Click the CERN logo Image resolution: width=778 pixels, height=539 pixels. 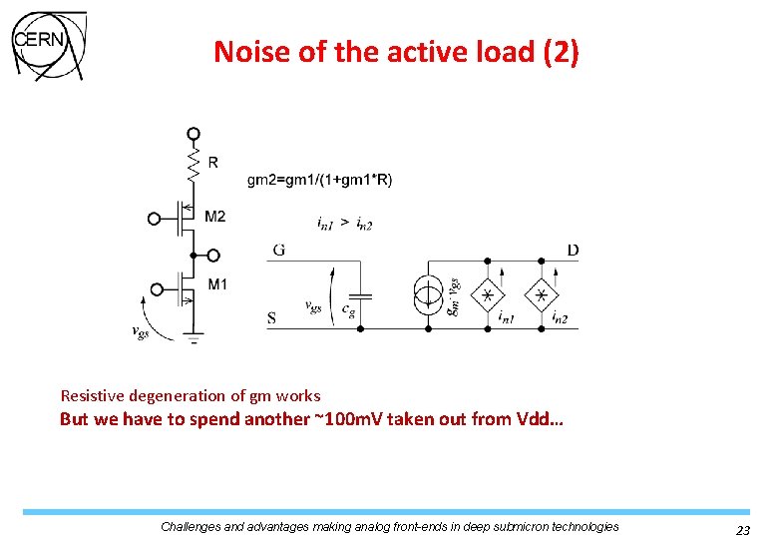point(48,44)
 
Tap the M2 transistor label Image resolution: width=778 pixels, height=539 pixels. point(214,217)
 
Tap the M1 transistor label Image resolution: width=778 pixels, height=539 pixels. point(216,284)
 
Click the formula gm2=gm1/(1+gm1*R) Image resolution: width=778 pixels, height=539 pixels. point(319,180)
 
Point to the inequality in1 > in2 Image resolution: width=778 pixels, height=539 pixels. point(344,225)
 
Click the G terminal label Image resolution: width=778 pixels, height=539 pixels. point(278,250)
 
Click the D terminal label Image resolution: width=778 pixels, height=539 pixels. point(573,250)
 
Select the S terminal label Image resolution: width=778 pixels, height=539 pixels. point(272,319)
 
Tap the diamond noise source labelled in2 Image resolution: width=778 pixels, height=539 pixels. point(542,295)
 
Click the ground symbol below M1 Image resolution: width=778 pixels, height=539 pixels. point(194,340)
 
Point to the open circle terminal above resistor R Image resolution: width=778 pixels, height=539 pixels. point(194,133)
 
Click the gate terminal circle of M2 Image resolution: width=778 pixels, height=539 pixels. point(154,219)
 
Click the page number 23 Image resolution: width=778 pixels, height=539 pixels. point(742,530)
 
